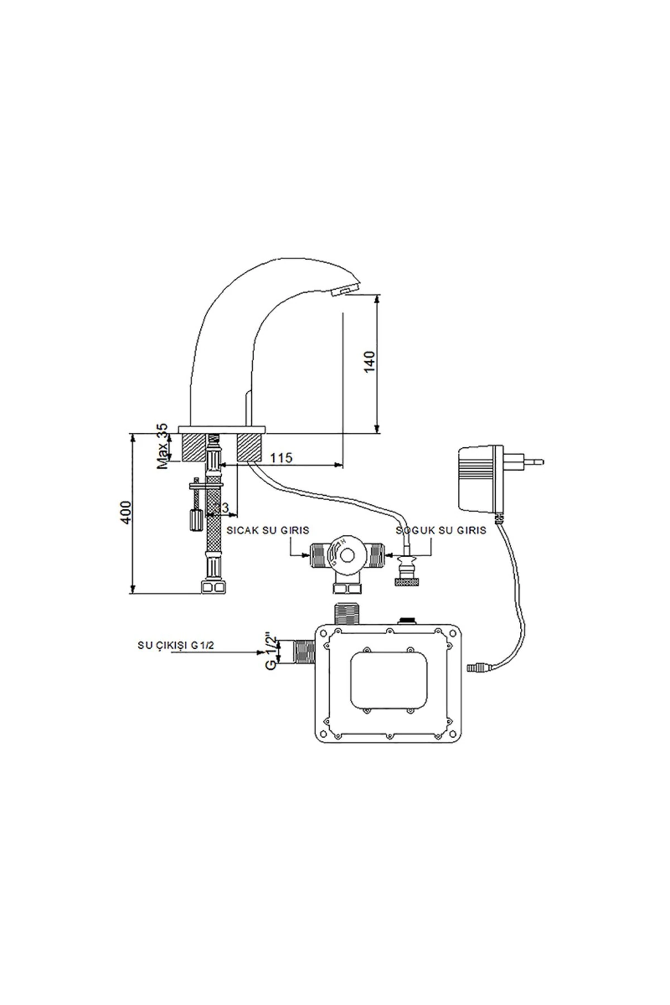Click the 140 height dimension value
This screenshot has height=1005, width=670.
[369, 363]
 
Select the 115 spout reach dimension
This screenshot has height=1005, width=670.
[281, 458]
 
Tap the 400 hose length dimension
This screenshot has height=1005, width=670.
[126, 511]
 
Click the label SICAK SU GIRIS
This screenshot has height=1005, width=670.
[268, 530]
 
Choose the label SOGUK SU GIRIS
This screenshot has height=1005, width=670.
[441, 530]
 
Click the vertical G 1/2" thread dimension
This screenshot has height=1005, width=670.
[270, 651]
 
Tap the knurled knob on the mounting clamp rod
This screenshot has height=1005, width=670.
[194, 520]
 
